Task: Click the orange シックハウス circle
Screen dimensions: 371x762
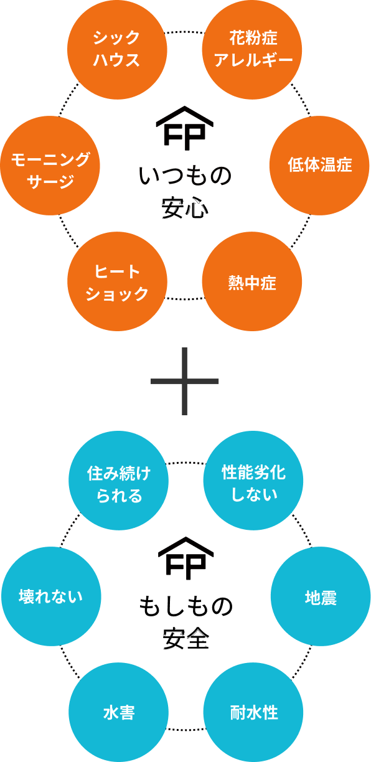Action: [117, 50]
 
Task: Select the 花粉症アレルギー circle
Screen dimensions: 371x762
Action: [252, 50]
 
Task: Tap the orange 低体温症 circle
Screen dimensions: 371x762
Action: [319, 166]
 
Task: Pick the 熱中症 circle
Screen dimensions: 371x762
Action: [252, 281]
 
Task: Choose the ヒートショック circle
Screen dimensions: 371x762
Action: [117, 281]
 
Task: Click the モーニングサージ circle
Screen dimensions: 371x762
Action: [50, 166]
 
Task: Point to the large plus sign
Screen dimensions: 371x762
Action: [185, 381]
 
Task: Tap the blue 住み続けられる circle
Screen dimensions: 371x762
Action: [119, 481]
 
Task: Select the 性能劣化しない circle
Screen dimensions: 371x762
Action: [253, 481]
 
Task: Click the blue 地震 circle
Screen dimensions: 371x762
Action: [321, 596]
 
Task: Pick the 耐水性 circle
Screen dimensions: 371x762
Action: [253, 712]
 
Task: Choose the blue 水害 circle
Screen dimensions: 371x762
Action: [119, 712]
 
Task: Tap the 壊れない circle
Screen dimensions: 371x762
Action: [51, 596]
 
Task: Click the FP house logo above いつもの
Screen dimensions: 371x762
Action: [185, 128]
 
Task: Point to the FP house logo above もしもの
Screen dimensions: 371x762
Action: [186, 558]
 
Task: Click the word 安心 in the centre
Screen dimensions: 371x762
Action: [185, 208]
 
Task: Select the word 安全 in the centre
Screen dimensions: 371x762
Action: [185, 638]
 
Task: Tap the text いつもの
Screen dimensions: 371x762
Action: [185, 177]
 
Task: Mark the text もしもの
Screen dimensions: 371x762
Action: [186, 607]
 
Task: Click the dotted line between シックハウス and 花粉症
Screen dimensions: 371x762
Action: [185, 32]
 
